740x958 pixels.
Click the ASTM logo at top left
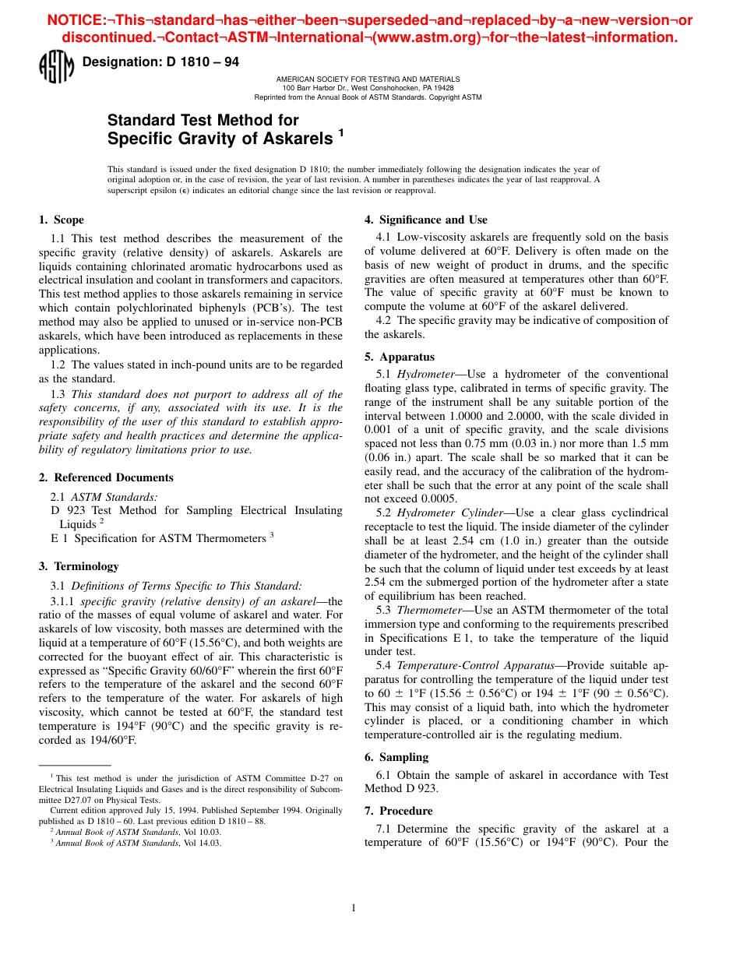(56, 67)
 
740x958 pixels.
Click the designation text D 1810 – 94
(160, 62)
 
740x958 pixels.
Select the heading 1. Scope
(62, 220)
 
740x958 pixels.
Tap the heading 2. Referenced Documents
(106, 477)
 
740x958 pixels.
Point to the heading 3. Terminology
(79, 566)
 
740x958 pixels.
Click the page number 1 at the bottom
(353, 907)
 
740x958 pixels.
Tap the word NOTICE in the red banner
(76, 20)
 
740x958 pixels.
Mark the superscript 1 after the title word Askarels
(340, 134)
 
